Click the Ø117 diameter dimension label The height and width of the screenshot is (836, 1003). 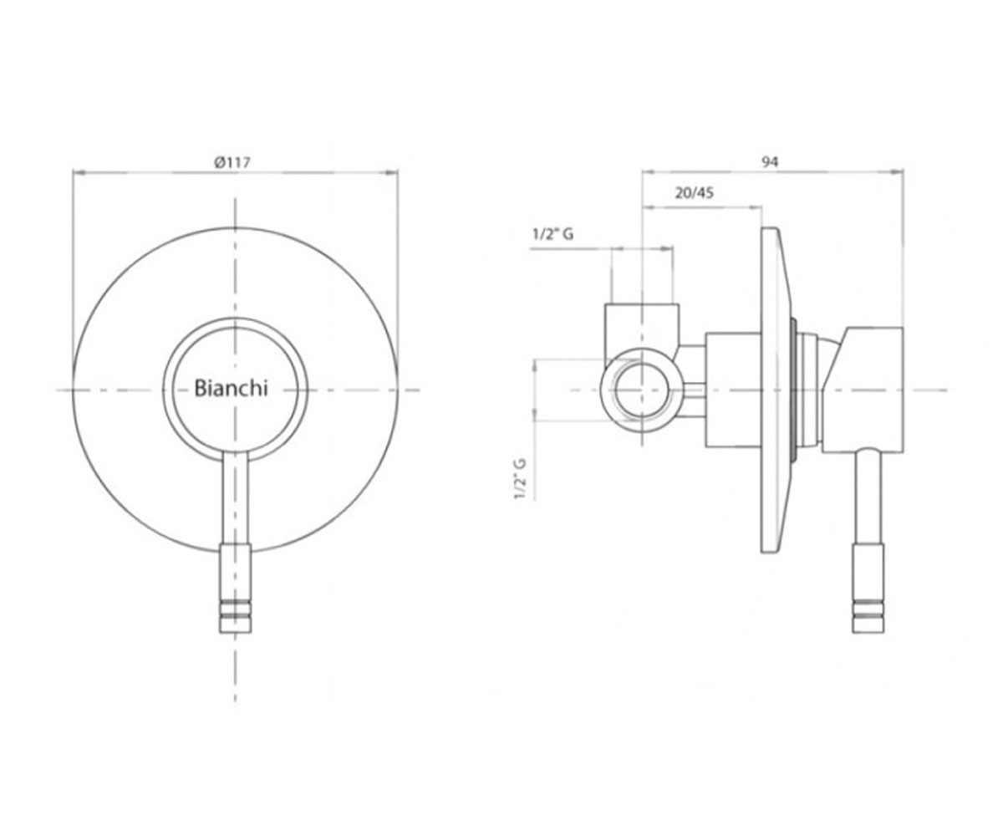tap(232, 162)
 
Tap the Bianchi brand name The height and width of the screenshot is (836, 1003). tap(231, 388)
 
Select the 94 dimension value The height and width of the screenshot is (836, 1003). tap(770, 162)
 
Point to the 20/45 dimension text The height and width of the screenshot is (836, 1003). tap(694, 192)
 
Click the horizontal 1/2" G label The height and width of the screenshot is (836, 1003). tap(552, 234)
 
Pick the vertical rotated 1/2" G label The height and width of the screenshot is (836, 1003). tap(520, 479)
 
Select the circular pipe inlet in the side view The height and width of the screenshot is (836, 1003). tap(642, 390)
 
